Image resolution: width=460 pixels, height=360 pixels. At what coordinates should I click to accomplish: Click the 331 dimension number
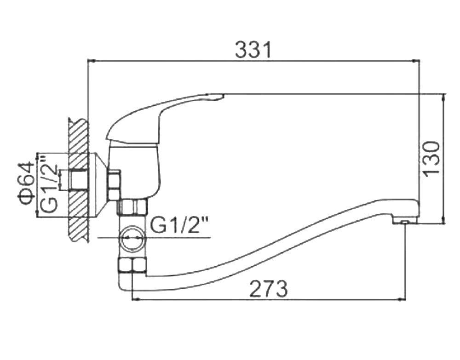pos(253,50)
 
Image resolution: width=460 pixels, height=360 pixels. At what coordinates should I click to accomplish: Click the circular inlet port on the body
pos(133,238)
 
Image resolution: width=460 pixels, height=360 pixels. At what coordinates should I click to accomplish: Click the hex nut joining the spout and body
pos(132,266)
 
